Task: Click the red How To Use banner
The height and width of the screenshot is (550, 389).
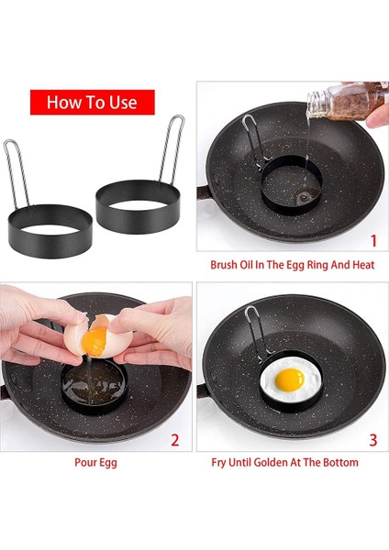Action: (x=93, y=102)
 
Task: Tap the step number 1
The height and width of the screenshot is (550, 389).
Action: (x=373, y=240)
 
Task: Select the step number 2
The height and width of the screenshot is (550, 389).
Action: (x=175, y=440)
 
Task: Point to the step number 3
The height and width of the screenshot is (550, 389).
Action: (x=372, y=440)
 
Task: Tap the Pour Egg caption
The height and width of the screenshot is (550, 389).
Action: (x=95, y=462)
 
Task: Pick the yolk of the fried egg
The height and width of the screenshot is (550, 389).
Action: (x=290, y=379)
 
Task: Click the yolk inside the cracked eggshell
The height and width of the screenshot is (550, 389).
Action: (x=94, y=341)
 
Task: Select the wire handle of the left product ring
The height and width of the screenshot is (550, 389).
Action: (x=17, y=173)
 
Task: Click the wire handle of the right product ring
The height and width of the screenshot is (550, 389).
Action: (x=172, y=149)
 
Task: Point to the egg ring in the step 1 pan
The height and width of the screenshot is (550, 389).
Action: (x=291, y=185)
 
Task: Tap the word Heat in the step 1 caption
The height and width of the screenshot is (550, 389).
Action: (x=363, y=265)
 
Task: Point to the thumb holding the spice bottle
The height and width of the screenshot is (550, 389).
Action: (x=377, y=116)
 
